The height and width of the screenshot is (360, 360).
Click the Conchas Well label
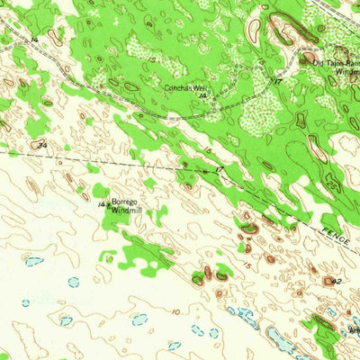pos(184,87)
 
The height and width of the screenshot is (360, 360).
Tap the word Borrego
pos(124,201)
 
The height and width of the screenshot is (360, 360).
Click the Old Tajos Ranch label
pos(335,62)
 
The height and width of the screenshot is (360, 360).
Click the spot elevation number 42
pos(336,282)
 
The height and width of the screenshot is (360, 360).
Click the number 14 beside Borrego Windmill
pos(101,204)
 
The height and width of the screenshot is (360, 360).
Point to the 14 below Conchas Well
pos(203,95)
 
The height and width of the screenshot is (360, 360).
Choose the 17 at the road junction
pos(278,82)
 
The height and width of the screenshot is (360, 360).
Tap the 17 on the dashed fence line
pos(219,169)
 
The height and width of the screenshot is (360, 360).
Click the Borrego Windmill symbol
pos(108,205)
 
